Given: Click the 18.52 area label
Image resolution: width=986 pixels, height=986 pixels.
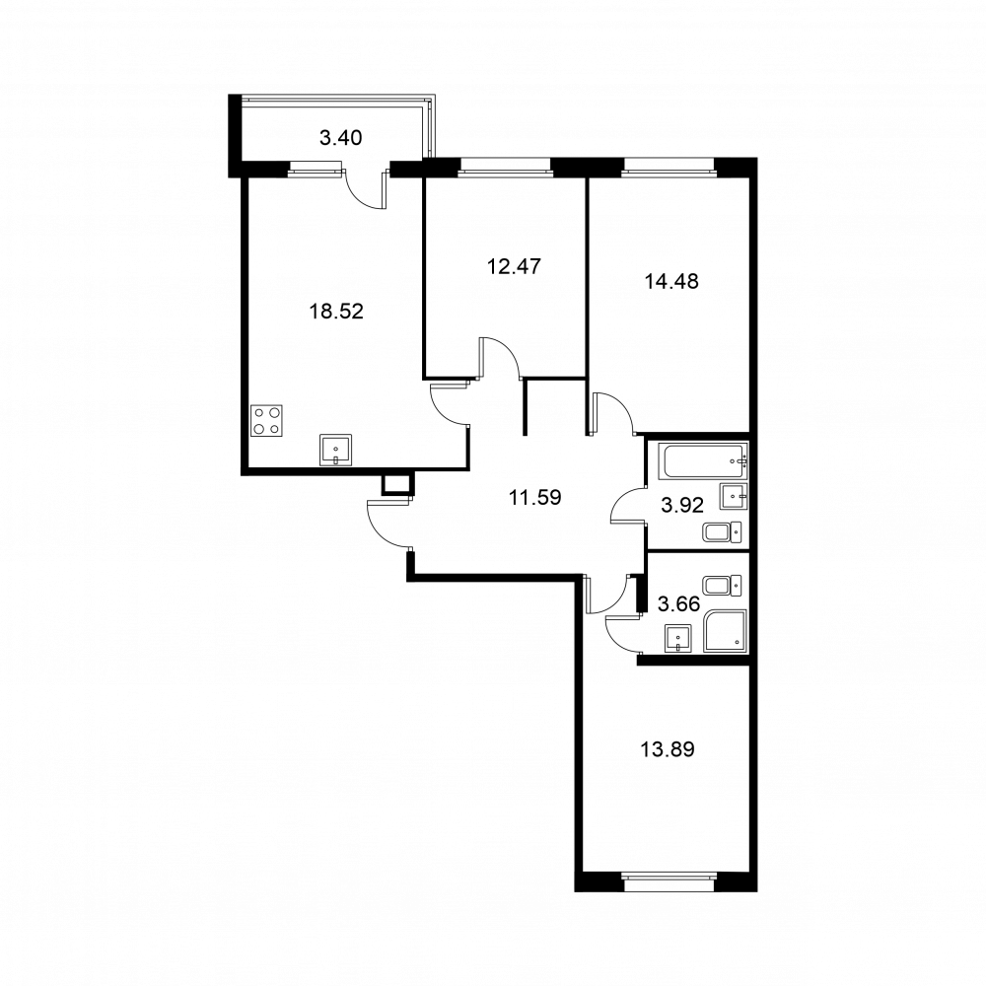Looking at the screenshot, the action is point(336,312).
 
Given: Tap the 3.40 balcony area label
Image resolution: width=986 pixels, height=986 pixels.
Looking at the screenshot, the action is point(341,138).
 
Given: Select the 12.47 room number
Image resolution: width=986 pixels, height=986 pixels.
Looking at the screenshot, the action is point(514,266).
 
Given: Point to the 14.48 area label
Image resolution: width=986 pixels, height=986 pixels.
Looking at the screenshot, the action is point(671,281).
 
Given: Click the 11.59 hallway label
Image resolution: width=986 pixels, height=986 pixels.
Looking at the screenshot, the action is point(534,498).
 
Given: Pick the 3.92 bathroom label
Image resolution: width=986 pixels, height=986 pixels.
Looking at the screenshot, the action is point(682,505).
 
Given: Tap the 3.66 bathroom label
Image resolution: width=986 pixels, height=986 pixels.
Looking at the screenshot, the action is point(678,604).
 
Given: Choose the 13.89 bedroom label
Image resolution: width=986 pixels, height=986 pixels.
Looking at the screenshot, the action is point(668,749).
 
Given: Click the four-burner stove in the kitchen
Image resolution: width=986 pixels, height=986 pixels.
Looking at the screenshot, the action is point(266,421).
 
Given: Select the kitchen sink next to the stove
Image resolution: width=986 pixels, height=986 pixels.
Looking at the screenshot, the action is point(336,451).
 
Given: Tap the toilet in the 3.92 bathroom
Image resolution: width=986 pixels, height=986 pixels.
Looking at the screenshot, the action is point(722,532).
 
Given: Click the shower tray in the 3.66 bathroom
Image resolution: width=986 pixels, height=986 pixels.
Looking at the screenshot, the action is point(725,631).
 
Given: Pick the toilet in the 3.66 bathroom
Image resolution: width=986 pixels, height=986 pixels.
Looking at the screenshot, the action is point(722,586).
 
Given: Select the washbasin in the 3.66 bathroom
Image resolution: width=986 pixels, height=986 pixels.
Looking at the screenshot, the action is point(677,638).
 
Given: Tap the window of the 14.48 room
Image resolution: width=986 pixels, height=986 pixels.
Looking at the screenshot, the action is point(669,167).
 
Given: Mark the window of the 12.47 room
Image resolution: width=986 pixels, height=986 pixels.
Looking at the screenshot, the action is point(505,167).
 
